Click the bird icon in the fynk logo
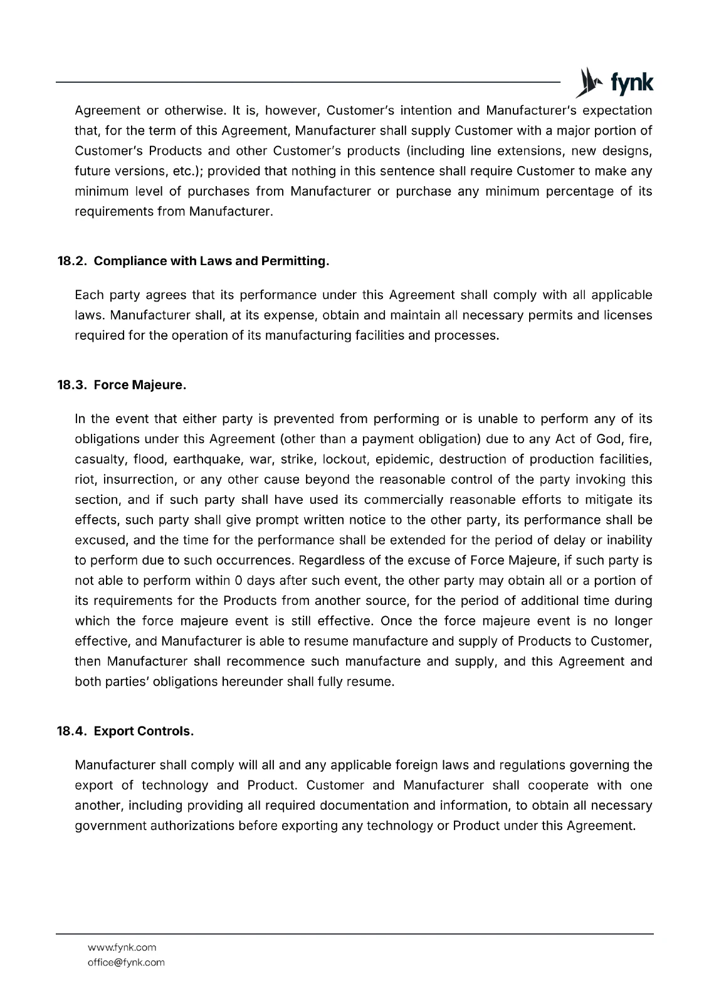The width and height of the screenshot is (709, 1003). (587, 82)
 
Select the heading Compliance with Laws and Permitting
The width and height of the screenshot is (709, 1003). (211, 261)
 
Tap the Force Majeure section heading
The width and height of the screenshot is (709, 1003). (140, 385)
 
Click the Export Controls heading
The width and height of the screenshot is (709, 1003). (144, 731)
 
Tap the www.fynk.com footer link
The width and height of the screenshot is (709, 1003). (122, 947)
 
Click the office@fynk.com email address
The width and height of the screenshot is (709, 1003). (126, 962)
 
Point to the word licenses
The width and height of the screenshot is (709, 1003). (628, 315)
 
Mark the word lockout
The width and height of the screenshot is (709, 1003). (345, 459)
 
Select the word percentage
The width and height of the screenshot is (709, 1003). (580, 191)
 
